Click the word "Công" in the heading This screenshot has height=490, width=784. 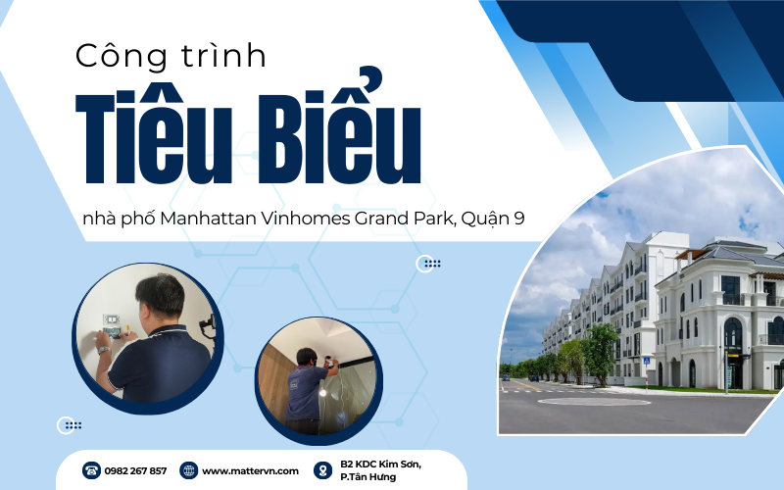click(x=121, y=56)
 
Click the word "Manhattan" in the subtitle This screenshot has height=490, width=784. click(x=208, y=219)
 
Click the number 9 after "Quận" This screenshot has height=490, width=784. click(x=519, y=219)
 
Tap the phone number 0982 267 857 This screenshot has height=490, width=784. click(x=135, y=471)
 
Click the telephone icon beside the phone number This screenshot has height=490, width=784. click(x=91, y=470)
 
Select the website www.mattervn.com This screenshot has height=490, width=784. click(x=250, y=471)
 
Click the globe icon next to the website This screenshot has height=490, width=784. click(x=188, y=470)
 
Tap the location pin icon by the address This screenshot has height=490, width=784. click(x=323, y=470)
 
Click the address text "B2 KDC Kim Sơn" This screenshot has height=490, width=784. click(x=380, y=464)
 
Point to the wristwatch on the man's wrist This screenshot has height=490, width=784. click(x=104, y=350)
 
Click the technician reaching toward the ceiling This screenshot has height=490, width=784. click(x=306, y=390)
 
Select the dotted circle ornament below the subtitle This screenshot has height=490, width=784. click(x=427, y=264)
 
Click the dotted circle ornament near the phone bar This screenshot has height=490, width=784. click(x=69, y=425)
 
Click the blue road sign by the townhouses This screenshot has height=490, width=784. click(x=647, y=361)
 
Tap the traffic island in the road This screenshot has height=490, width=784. click(x=594, y=401)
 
